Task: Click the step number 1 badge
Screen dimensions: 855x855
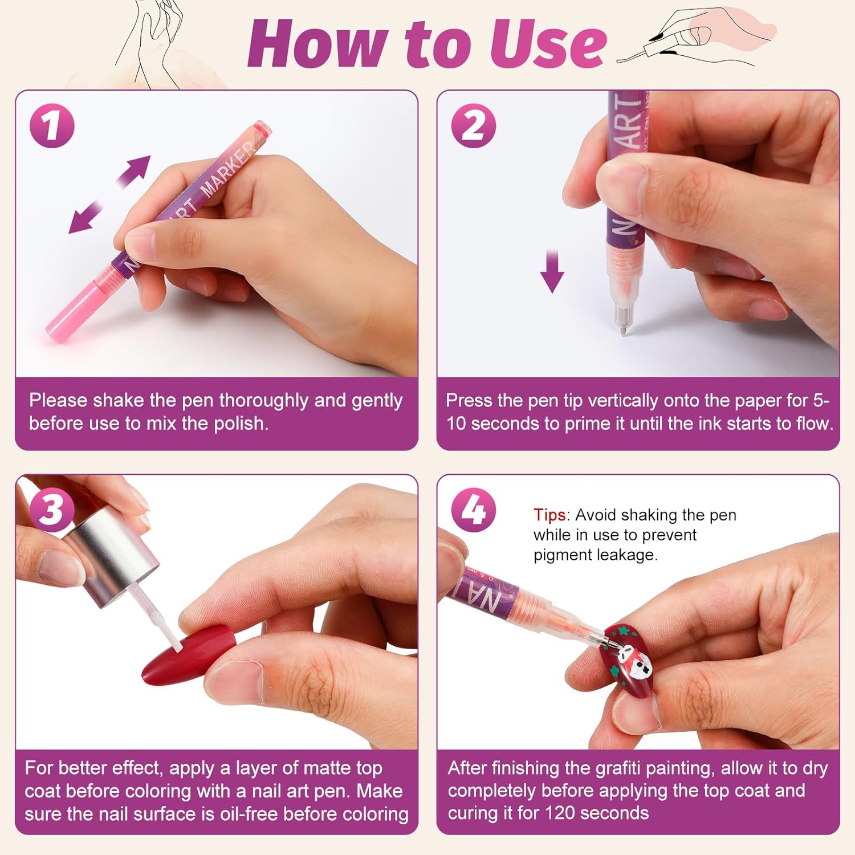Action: [52, 126]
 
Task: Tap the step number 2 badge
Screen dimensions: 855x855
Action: [474, 126]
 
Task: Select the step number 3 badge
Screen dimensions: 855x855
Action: [52, 509]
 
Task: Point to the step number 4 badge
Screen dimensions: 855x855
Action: [474, 509]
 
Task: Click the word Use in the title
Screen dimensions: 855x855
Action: [548, 44]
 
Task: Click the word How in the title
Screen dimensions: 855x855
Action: [320, 43]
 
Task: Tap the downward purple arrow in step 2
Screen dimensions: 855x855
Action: [552, 271]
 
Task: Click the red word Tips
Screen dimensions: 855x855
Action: [549, 515]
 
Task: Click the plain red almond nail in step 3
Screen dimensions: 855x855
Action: [189, 656]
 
